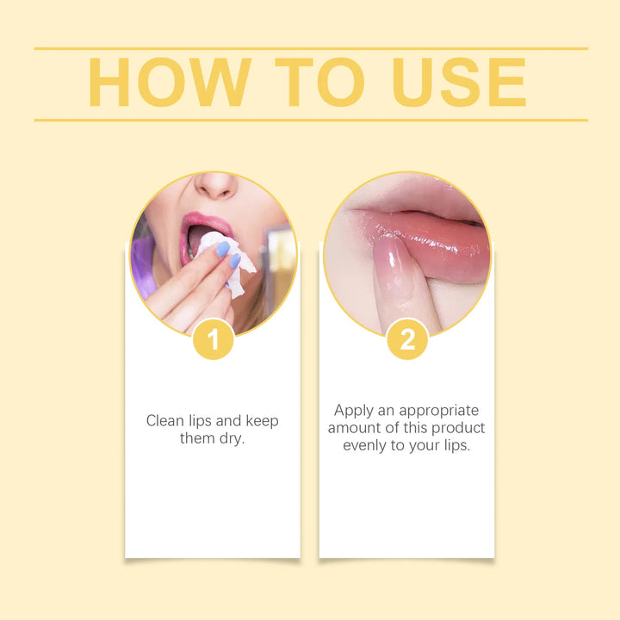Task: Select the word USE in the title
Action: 458,84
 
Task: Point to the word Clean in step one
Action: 165,421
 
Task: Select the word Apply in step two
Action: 354,411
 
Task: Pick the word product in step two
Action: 459,428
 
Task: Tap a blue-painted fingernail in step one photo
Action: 222,249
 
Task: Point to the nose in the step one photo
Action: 216,186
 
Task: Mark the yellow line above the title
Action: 310,48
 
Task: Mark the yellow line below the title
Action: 310,120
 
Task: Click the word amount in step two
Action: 351,428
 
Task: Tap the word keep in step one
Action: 262,421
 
